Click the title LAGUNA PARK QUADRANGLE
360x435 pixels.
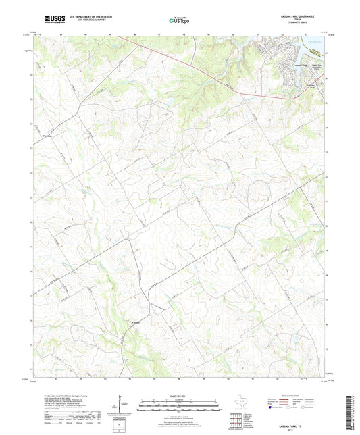[x=300, y=15]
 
